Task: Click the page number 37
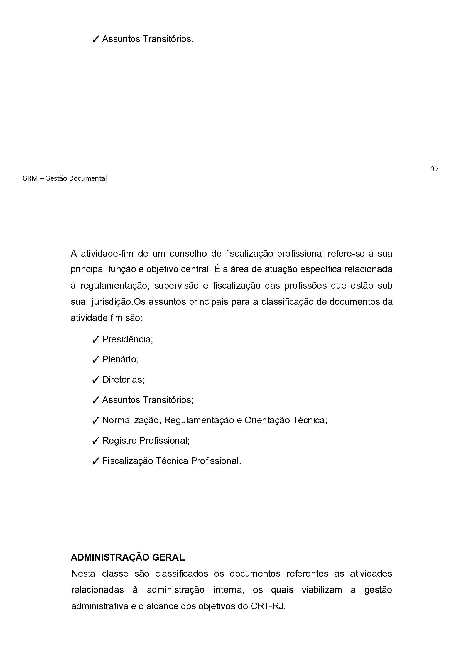(434, 169)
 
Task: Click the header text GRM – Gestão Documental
(64, 178)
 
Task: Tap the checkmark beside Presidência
(95, 339)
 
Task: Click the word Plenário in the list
(120, 360)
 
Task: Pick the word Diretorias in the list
(123, 380)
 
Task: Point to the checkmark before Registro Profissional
(95, 441)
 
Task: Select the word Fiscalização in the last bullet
(127, 461)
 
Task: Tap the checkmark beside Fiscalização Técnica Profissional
(95, 461)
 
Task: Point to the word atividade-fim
(107, 254)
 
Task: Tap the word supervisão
(176, 286)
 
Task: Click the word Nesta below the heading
(83, 574)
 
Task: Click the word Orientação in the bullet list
(266, 420)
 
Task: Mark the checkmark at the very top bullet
(95, 39)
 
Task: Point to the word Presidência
(127, 339)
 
